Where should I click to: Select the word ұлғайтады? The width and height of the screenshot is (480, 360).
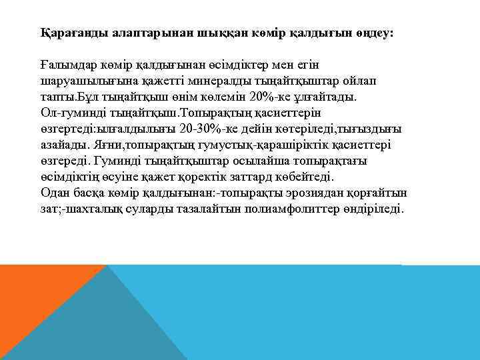[325, 97]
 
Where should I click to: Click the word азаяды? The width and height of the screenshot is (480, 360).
[59, 145]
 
